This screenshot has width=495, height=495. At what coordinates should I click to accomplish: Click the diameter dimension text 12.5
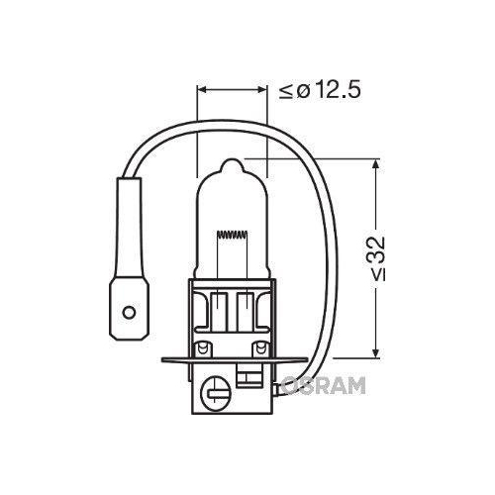329,91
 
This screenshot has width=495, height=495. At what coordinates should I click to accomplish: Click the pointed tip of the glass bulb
233,160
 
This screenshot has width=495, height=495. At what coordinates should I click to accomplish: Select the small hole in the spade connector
128,315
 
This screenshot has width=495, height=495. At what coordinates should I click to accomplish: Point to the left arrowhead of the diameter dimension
203,90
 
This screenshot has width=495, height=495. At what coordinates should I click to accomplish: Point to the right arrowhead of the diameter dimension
264,90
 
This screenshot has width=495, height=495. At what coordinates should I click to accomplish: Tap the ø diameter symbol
300,91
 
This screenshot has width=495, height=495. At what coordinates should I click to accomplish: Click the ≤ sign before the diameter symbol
285,92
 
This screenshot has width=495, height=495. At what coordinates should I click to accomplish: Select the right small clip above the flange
263,348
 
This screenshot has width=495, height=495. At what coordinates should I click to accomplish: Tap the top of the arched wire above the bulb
228,127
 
